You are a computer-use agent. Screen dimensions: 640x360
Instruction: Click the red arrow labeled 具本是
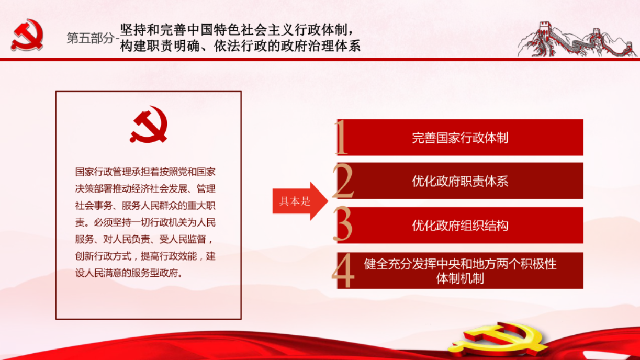tap(300, 201)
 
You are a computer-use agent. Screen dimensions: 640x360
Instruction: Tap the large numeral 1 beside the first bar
tap(341, 138)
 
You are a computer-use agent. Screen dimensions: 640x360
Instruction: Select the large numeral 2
tap(343, 181)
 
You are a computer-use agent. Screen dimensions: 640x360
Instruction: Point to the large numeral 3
tap(343, 224)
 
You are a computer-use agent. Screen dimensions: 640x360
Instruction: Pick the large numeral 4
tap(343, 271)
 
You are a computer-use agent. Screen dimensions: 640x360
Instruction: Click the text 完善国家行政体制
tap(460, 138)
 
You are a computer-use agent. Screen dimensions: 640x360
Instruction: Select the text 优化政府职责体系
tap(460, 181)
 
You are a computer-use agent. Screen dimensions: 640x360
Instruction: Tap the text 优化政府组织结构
tap(460, 226)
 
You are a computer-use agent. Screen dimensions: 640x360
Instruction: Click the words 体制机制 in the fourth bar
tap(460, 278)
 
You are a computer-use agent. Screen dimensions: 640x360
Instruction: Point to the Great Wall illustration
tap(577, 40)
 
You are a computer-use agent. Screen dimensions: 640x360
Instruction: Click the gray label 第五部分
tap(90, 38)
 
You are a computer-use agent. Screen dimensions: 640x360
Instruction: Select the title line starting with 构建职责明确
tap(240, 46)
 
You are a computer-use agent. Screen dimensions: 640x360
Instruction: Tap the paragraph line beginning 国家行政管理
tap(145, 172)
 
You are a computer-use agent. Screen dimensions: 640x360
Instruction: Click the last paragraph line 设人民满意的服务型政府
tap(129, 273)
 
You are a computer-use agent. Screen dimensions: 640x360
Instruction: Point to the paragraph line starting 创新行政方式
tap(145, 256)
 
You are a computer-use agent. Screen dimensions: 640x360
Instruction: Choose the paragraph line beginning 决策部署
tap(145, 189)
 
